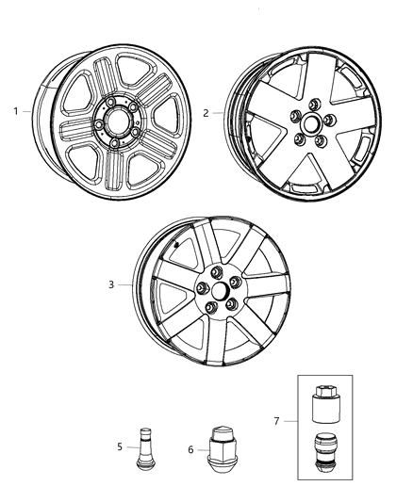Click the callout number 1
[16, 111]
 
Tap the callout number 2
[206, 112]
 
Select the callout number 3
[110, 284]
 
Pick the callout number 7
[275, 420]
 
